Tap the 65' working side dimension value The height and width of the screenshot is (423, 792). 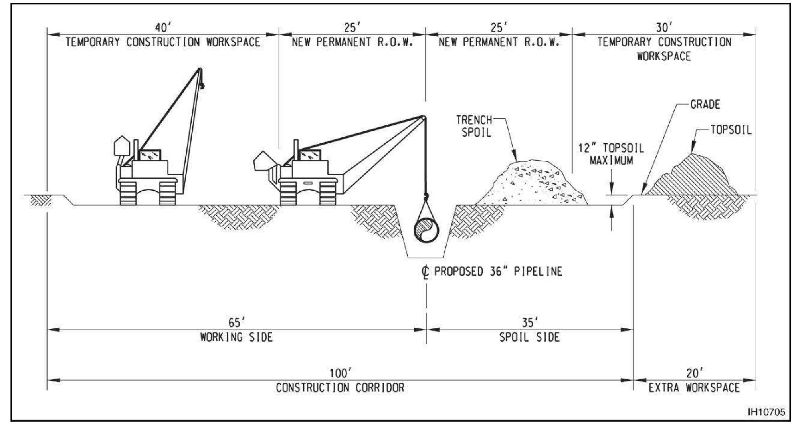pos(236,322)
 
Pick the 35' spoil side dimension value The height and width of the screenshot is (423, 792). pos(530,322)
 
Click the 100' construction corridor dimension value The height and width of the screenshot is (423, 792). pos(340,373)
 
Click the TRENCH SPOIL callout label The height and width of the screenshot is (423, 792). pos(474,126)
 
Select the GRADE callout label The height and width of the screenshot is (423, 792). pos(705,105)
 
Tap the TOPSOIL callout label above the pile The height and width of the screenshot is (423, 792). pos(731,130)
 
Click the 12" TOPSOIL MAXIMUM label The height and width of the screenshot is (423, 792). pos(611,154)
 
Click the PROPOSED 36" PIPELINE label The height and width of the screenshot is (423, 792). pos(498,272)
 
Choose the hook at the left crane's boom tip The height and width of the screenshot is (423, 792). pos(202,85)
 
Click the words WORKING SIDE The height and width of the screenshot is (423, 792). pos(236,337)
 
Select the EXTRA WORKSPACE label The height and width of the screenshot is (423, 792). pos(694,387)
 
